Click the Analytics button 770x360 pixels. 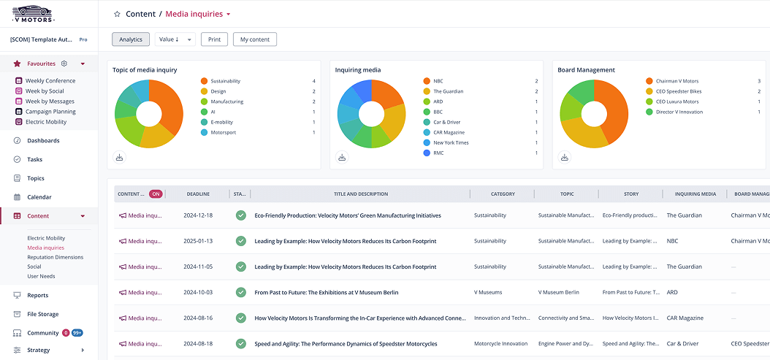click(131, 39)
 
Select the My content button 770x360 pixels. click(255, 39)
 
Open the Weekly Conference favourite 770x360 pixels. click(50, 81)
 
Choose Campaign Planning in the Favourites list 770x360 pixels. click(50, 112)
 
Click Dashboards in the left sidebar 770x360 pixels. click(43, 140)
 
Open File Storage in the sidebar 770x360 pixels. click(42, 314)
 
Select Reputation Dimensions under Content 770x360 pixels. click(56, 257)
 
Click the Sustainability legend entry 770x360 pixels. click(225, 81)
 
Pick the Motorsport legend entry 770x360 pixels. click(223, 132)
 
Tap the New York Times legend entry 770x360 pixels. click(451, 142)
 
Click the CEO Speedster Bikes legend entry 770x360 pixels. click(679, 91)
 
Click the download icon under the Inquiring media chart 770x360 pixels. click(342, 157)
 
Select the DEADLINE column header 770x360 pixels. click(198, 194)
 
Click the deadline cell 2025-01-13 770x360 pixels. click(198, 241)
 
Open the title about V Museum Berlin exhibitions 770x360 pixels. click(326, 292)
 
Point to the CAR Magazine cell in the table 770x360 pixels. click(685, 318)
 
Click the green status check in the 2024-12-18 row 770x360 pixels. click(241, 215)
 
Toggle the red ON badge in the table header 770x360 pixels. click(156, 194)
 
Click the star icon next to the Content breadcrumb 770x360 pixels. click(117, 14)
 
